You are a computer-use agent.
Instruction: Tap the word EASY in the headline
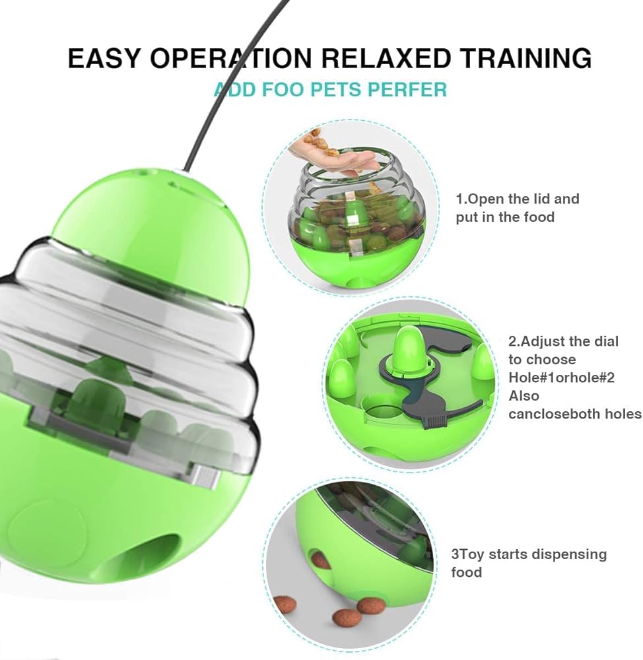point(105,58)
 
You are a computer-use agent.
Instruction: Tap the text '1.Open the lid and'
point(517,199)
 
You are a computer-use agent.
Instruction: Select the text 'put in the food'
point(504,216)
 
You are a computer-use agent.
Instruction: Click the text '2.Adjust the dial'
point(563,341)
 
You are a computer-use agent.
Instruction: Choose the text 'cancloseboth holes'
point(574,414)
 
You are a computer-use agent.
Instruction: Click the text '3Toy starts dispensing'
point(528,554)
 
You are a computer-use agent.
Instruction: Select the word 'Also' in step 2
point(524,396)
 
